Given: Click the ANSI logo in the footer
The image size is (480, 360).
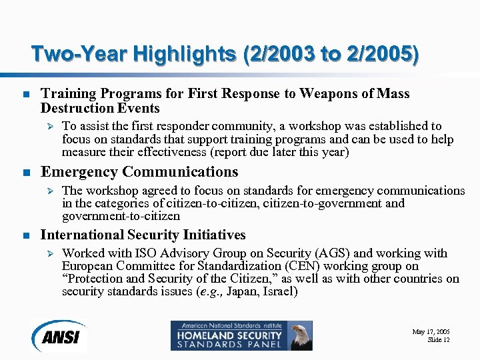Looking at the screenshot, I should tap(59, 335).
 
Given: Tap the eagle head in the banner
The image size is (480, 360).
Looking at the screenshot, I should tap(301, 334).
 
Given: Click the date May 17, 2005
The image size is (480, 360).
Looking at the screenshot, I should tap(431, 331).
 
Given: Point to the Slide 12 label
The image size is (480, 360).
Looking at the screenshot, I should tap(439, 340).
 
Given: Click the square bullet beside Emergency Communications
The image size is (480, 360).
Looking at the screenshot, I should tap(25, 173).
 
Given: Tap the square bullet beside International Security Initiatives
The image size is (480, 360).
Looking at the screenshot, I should tap(25, 235).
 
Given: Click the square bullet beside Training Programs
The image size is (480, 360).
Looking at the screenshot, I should tap(25, 95).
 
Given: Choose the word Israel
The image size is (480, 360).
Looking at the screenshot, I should tap(279, 292).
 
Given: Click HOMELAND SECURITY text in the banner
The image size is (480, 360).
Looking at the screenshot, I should tap(227, 335).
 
